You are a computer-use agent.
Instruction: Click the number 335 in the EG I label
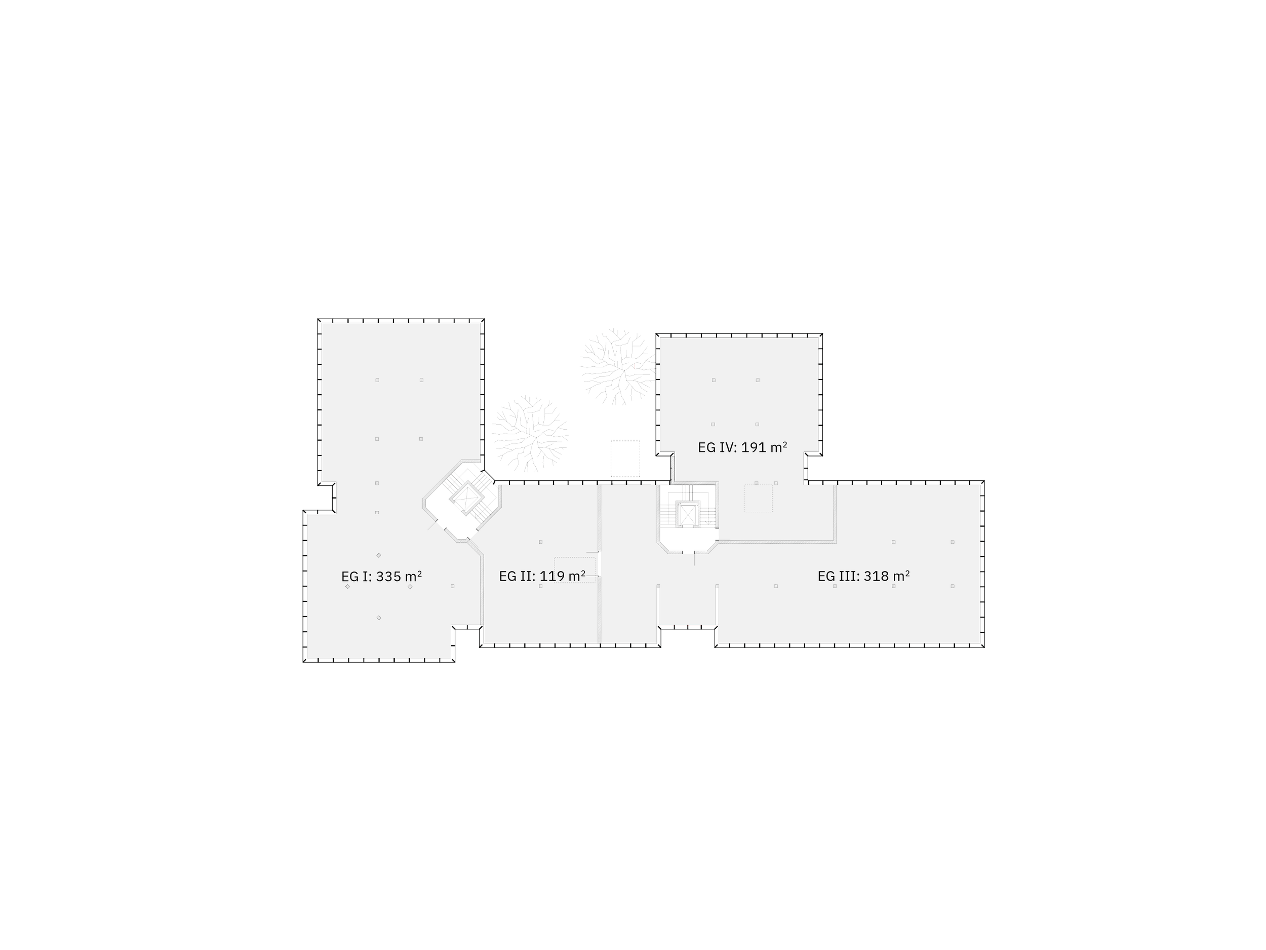click(x=388, y=576)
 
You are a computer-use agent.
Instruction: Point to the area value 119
click(x=552, y=576)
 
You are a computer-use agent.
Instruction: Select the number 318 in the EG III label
click(x=876, y=576)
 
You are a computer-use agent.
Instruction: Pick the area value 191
click(x=754, y=447)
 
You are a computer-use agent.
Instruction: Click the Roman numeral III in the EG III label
click(x=848, y=576)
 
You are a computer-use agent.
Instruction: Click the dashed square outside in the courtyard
click(x=625, y=459)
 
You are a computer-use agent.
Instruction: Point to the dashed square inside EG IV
click(x=759, y=498)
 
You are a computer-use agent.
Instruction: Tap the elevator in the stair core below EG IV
click(x=687, y=514)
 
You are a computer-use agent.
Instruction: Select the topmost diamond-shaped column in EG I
click(x=379, y=555)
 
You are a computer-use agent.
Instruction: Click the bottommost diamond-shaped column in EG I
click(x=379, y=618)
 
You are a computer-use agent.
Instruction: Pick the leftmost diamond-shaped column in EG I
click(x=347, y=586)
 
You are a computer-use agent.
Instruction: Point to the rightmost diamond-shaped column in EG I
click(x=410, y=586)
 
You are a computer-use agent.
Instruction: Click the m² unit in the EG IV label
click(x=779, y=447)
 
